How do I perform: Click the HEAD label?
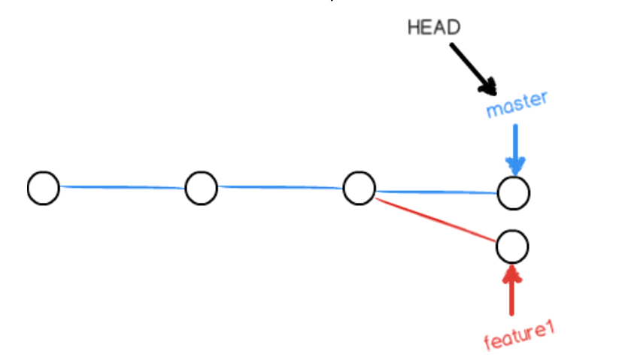[432, 27]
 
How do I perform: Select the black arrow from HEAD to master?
[472, 68]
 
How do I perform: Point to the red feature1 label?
[518, 337]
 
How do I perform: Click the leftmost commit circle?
[44, 188]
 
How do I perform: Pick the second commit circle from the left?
[201, 188]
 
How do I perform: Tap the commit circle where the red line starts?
[359, 188]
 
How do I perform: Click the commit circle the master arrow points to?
[514, 192]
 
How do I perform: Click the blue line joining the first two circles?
[122, 187]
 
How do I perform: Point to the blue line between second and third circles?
[280, 188]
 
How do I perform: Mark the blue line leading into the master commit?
[436, 191]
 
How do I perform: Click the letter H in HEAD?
[413, 27]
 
